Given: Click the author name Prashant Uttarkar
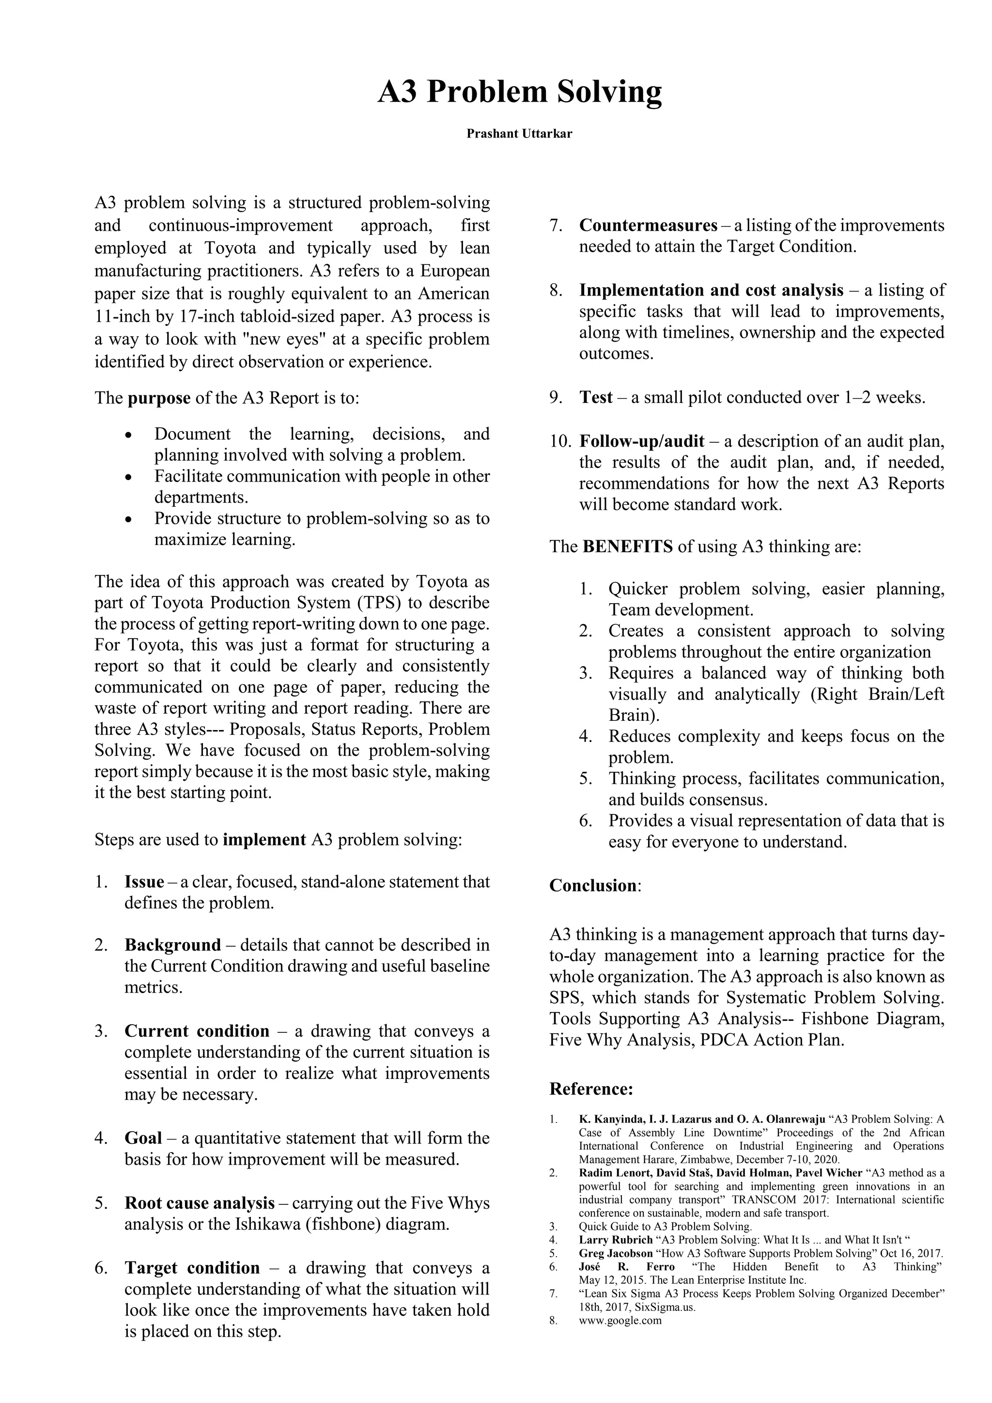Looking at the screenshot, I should pyautogui.click(x=519, y=134).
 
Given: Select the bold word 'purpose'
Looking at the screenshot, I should pyautogui.click(x=159, y=398).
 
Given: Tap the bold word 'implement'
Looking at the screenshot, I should pyautogui.click(x=264, y=840).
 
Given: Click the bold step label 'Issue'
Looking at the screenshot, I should pyautogui.click(x=144, y=882).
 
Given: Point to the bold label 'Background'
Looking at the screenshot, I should pyautogui.click(x=173, y=945).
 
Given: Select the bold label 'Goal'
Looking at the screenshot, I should pyautogui.click(x=143, y=1138).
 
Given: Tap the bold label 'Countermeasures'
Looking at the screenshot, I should pyautogui.click(x=648, y=225).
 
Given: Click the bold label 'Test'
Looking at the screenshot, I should pyautogui.click(x=596, y=398).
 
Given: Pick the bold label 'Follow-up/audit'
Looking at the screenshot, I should pyautogui.click(x=641, y=441).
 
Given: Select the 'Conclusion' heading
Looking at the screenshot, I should pyautogui.click(x=592, y=886).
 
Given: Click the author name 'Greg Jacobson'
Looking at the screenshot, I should pyautogui.click(x=615, y=1253).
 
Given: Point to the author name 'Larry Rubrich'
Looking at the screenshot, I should pyautogui.click(x=615, y=1240).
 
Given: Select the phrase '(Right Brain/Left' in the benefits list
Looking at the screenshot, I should pyautogui.click(x=877, y=694).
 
